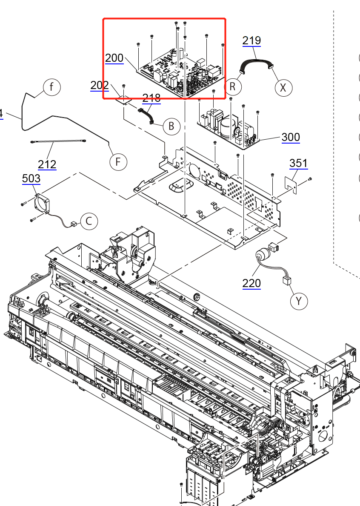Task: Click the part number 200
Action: coord(114,58)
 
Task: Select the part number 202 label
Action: coord(100,85)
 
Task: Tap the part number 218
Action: coord(151,98)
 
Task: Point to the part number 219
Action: coord(251,40)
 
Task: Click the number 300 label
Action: coord(291,137)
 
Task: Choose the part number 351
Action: coord(298,163)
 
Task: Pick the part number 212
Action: coord(47,164)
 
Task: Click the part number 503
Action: coord(31,178)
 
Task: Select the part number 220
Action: coord(251,283)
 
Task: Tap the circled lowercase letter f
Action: coord(51,87)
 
